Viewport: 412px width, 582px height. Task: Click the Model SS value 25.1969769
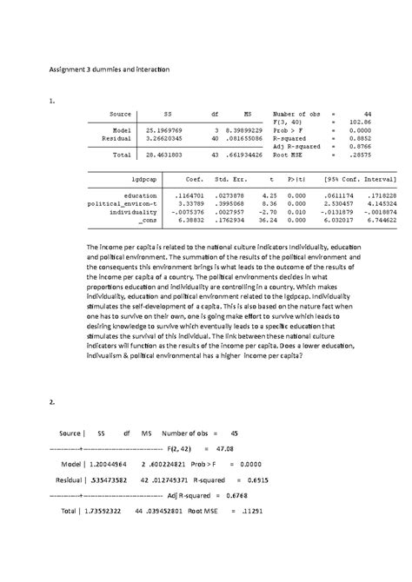point(164,130)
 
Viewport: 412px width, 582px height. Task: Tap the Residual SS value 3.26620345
point(164,138)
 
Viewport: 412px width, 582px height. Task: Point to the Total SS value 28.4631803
point(164,154)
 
